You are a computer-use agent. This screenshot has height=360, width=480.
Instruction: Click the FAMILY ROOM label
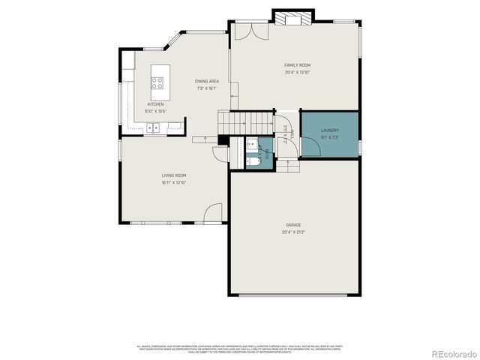297,66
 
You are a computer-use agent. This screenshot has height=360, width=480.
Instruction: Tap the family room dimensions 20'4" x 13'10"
297,73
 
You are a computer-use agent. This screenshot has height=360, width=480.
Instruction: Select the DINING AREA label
206,81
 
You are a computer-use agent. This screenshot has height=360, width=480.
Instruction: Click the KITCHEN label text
155,104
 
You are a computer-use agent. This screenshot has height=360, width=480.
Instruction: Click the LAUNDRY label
329,130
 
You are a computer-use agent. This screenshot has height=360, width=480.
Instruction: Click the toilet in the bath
253,160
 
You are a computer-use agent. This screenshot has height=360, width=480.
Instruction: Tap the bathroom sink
252,143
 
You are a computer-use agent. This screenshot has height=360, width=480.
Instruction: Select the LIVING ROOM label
173,175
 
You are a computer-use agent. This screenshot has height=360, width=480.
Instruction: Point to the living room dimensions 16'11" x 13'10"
173,182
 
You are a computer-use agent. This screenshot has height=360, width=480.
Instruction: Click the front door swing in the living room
214,212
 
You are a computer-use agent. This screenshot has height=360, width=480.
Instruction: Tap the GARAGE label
293,224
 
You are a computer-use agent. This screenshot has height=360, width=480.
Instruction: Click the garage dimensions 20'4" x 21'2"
293,232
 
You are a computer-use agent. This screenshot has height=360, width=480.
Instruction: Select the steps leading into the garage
289,165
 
